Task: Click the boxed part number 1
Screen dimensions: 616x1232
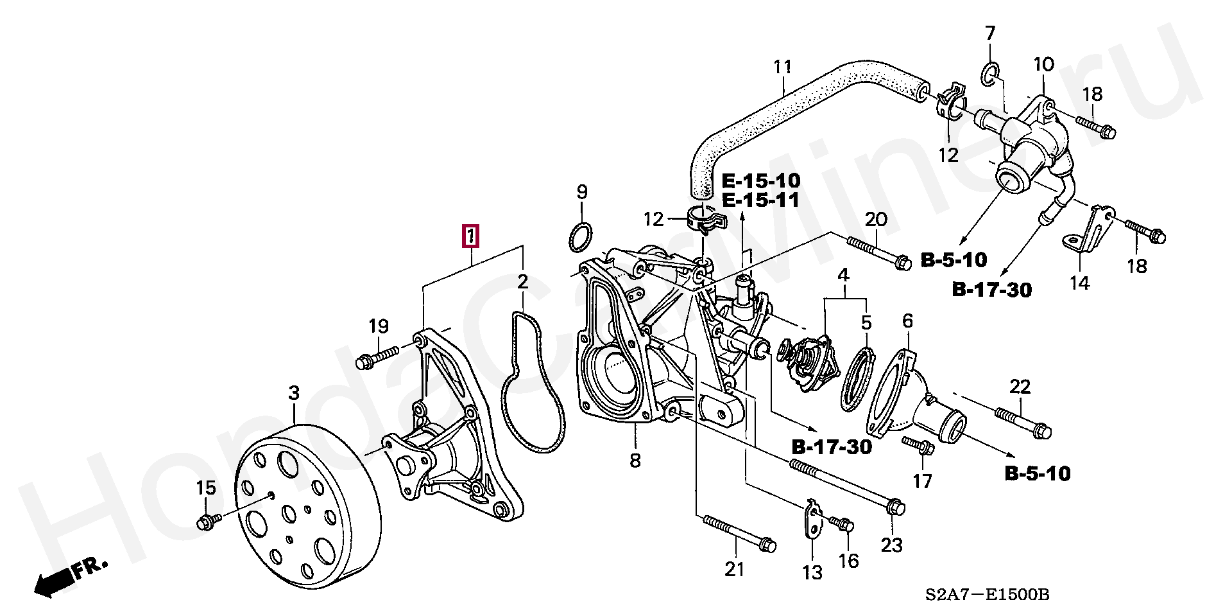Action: (472, 236)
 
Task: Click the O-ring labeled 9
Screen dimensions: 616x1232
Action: (580, 238)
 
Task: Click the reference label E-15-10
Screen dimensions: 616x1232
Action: (760, 179)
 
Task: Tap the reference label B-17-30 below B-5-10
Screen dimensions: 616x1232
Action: (991, 290)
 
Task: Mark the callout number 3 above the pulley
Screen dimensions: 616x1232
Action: (294, 393)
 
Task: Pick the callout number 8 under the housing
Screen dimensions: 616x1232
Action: (635, 460)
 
